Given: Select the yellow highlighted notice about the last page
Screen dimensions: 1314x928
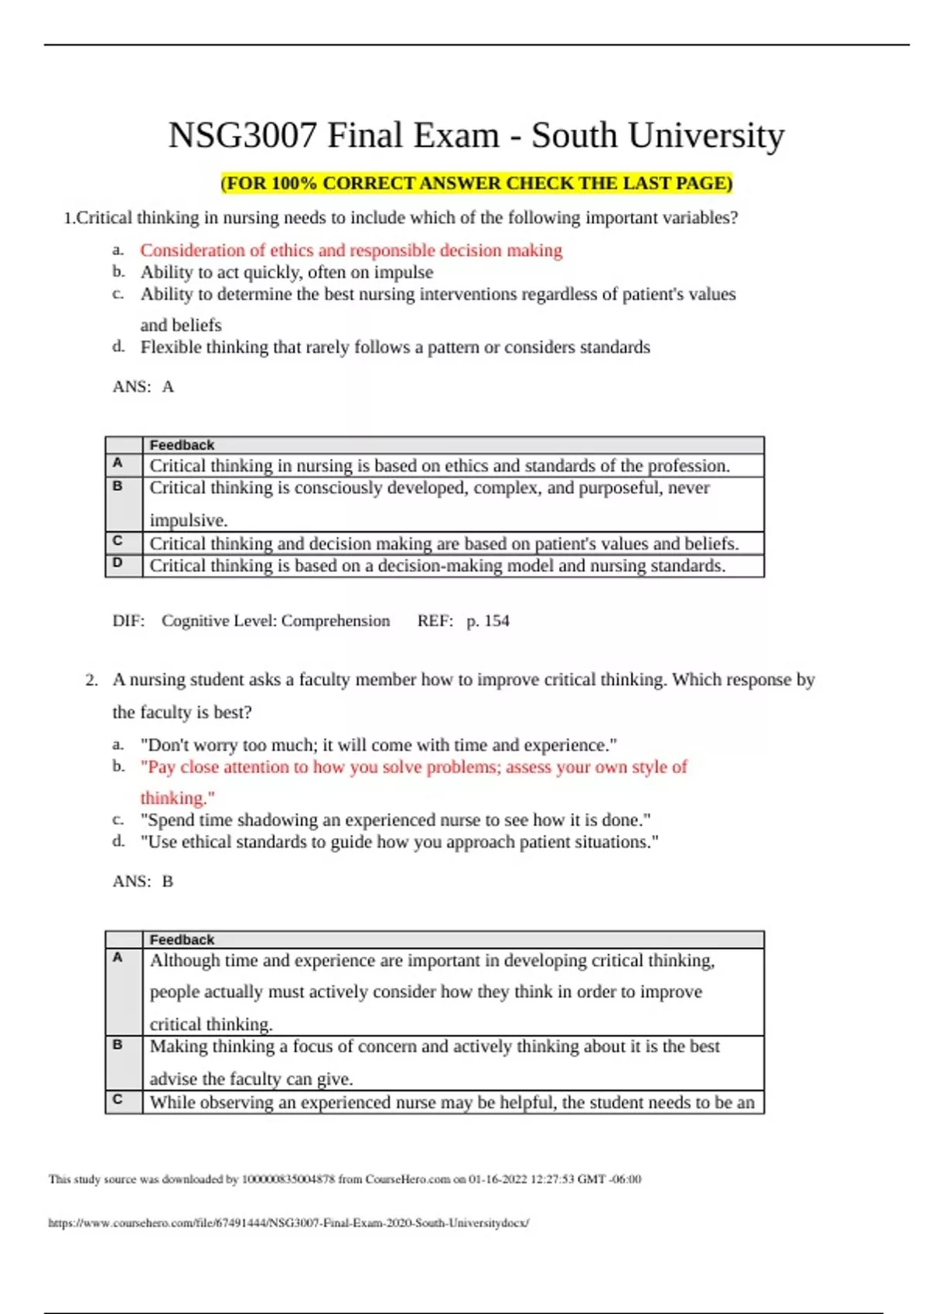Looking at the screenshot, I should point(476,183).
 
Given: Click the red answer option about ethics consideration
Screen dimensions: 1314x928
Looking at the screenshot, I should point(351,250).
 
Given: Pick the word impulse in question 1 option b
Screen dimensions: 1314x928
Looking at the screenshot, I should point(403,272).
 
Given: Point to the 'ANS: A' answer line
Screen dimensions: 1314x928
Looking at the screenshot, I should point(143,386).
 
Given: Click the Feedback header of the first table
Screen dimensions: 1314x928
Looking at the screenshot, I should point(182,445).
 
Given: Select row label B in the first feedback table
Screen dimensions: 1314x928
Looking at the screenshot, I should point(118,486).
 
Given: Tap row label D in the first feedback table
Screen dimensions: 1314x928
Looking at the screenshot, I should point(118,563).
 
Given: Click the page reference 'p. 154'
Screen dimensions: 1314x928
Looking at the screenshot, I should point(487,621).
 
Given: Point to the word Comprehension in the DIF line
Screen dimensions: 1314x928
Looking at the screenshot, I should point(336,621).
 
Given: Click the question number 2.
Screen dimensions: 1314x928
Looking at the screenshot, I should point(92,680).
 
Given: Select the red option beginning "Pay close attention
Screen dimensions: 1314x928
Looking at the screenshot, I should point(414,767).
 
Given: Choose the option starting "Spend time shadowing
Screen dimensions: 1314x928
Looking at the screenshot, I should point(395,819).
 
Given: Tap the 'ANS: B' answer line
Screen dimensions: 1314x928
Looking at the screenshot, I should point(143,881).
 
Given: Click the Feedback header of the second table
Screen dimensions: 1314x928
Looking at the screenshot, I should point(182,940).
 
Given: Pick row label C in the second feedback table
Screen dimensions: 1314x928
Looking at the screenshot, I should point(118,1099).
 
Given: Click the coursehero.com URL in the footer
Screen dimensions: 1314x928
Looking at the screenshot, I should point(288,1223).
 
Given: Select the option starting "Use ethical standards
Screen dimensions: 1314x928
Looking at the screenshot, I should point(399,842).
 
